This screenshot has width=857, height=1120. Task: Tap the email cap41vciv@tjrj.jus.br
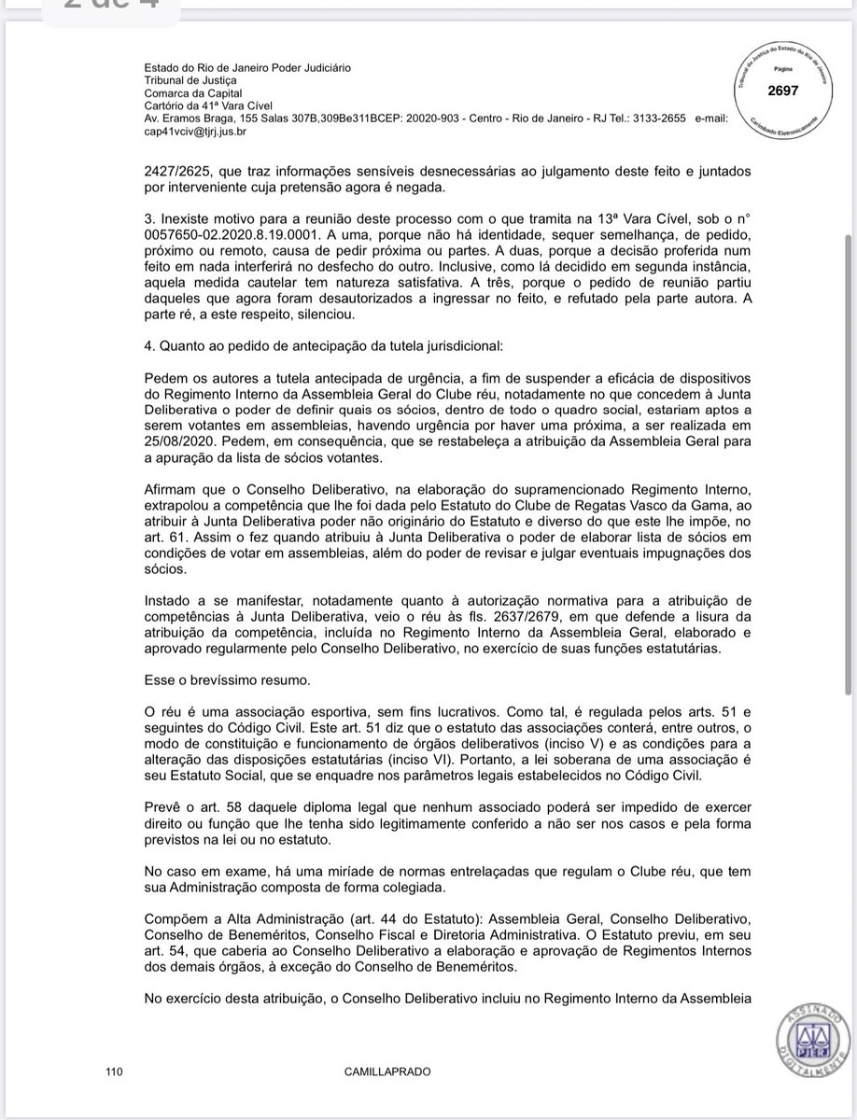tap(195, 133)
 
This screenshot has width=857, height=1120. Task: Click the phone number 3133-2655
tap(657, 120)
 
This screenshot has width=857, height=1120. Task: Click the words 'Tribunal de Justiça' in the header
tap(185, 81)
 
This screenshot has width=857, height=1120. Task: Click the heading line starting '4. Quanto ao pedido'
tap(324, 347)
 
